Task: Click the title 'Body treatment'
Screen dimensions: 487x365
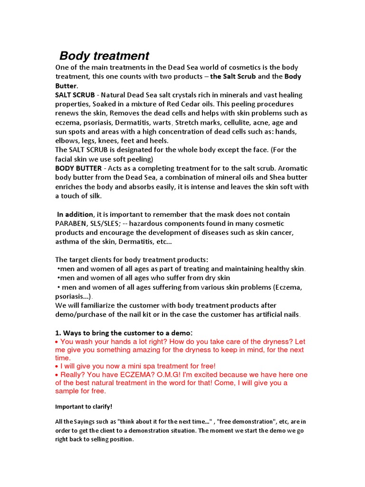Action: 104,56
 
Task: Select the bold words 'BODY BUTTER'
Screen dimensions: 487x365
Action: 78,168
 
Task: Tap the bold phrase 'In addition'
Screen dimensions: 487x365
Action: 75,214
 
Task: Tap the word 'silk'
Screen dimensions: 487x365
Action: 95,196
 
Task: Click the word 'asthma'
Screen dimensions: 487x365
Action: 67,242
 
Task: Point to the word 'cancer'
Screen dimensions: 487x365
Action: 282,233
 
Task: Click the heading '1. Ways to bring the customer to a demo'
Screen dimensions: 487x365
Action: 124,332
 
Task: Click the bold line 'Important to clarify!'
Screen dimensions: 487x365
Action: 84,407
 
